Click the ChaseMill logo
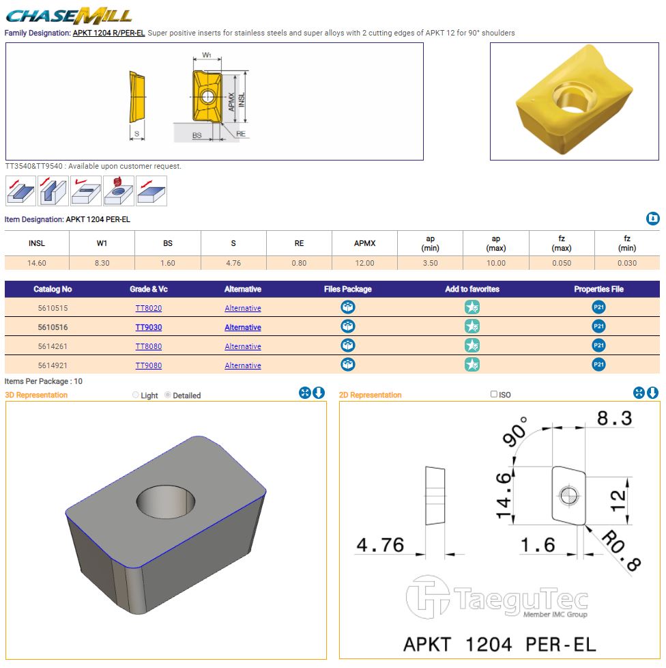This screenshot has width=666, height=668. pyautogui.click(x=68, y=16)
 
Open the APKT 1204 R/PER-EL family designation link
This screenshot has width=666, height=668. pyautogui.click(x=109, y=33)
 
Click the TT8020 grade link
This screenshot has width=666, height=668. pyautogui.click(x=149, y=308)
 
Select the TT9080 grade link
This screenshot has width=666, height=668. pyautogui.click(x=149, y=365)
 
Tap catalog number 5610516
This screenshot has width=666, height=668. pyautogui.click(x=53, y=327)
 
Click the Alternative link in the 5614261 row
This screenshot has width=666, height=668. pyautogui.click(x=242, y=346)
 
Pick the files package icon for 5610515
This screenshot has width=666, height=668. pyautogui.click(x=348, y=307)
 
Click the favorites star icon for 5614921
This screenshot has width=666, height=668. pyautogui.click(x=472, y=365)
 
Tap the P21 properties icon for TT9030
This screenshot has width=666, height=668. pyautogui.click(x=598, y=326)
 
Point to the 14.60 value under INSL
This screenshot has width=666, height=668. pyautogui.click(x=37, y=263)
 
